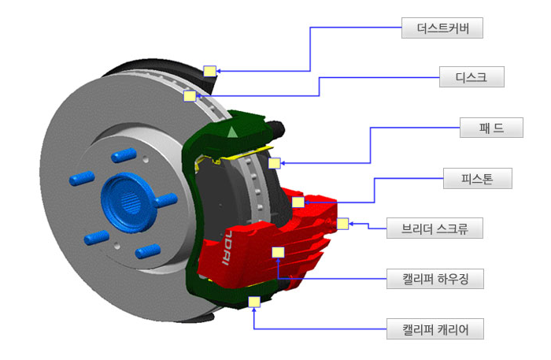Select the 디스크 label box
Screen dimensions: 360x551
[471, 76]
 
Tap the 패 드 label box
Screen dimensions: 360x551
[491, 127]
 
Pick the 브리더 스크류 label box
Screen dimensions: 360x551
[435, 229]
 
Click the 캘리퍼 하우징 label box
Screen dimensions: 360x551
[435, 278]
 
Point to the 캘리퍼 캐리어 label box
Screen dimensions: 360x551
[435, 328]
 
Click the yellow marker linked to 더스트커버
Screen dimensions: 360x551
[209, 71]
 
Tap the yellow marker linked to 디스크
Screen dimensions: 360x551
[189, 96]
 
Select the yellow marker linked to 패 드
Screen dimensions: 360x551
[274, 163]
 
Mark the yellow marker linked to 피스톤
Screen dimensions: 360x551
[298, 202]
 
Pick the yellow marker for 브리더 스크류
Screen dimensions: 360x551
[342, 224]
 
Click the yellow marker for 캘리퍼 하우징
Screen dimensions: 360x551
[277, 252]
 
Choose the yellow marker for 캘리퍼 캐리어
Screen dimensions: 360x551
[253, 302]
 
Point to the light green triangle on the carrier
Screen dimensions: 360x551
[231, 132]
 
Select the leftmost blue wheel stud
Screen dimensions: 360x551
[82, 180]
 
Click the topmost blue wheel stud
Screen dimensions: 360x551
[123, 154]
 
